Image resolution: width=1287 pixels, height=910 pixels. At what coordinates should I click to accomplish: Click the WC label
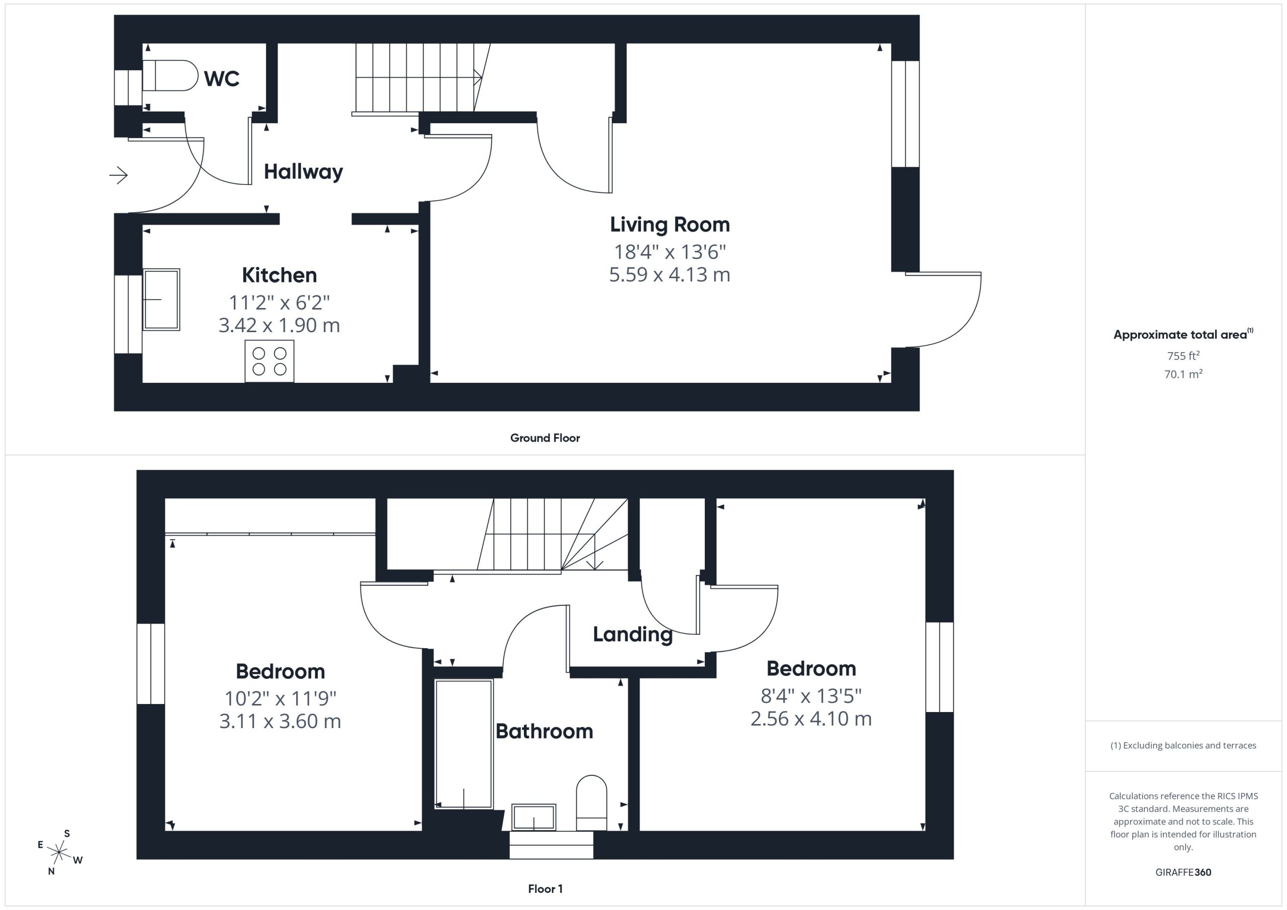[222, 78]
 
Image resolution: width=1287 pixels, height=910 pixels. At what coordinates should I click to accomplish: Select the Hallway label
[303, 171]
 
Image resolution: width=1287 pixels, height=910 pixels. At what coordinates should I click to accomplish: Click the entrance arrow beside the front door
[118, 175]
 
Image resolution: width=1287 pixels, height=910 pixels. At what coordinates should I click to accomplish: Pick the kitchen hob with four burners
[269, 361]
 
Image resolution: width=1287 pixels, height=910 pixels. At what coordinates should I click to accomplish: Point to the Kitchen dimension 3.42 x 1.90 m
[279, 325]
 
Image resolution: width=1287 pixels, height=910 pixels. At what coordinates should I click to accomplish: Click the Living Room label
[670, 224]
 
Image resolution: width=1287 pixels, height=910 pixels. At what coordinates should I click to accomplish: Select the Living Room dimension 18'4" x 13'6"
[670, 252]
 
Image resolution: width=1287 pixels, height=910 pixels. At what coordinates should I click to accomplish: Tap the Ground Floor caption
[545, 438]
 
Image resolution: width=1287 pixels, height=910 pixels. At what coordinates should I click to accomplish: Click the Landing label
[632, 634]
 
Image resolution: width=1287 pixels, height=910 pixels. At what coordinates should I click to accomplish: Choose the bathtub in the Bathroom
[464, 744]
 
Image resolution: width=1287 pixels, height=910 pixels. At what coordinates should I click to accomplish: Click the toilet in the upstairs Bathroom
[592, 802]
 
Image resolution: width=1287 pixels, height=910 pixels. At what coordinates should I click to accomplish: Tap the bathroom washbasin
[533, 818]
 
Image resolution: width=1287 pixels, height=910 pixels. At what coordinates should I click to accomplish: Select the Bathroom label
[544, 731]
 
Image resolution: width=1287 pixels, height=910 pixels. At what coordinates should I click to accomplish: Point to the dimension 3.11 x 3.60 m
[280, 721]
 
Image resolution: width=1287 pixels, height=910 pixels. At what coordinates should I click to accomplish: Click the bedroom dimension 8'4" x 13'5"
[811, 696]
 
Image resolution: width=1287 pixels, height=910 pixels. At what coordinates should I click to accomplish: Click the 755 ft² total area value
[1183, 356]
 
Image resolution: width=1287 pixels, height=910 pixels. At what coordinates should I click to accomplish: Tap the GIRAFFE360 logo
[1183, 872]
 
